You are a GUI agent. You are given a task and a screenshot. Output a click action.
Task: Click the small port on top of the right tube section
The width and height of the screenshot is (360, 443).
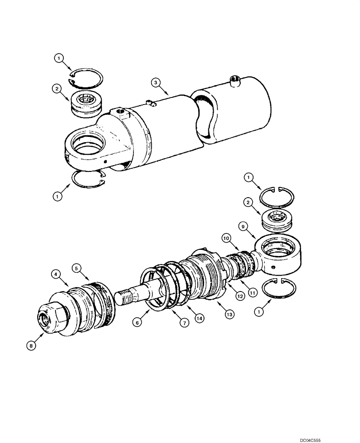point(235,80)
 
